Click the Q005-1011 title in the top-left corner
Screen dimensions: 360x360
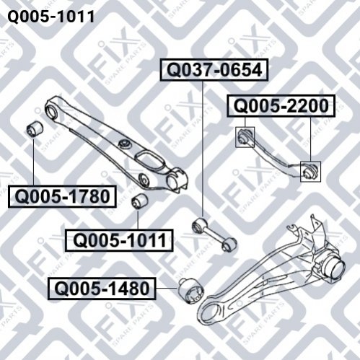(51, 17)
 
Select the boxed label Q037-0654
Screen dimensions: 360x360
(214, 70)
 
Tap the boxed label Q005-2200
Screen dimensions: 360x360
(281, 106)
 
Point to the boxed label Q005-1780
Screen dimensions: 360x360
(62, 196)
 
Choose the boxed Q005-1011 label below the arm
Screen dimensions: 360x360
(119, 240)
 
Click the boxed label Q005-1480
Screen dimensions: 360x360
(102, 289)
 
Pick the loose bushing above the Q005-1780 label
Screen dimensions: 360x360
(35, 129)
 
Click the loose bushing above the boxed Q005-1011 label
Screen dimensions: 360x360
(141, 201)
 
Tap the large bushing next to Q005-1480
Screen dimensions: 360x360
(191, 291)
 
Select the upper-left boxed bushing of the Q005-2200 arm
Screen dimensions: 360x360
(245, 137)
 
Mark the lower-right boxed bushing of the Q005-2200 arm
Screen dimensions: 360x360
(310, 172)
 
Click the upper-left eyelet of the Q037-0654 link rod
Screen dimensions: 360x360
(198, 225)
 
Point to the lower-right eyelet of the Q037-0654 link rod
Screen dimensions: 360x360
(229, 244)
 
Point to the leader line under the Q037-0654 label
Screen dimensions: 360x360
(203, 149)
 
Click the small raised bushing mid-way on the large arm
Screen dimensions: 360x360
(125, 144)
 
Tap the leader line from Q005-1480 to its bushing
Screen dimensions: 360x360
(167, 288)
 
